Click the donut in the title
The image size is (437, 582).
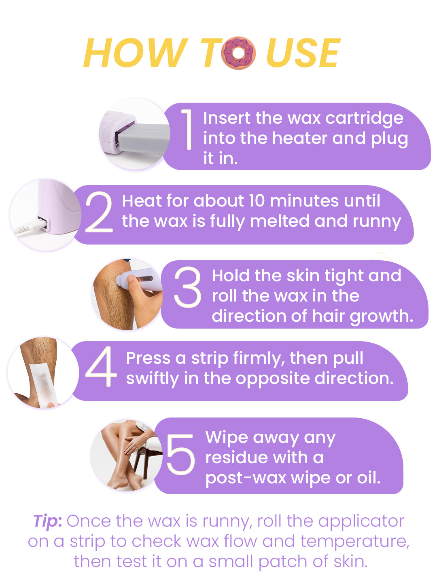238,53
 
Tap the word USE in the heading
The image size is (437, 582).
303,53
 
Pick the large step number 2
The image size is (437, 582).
99,212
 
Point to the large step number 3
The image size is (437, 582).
187,287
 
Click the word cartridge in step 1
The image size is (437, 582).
364,118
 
